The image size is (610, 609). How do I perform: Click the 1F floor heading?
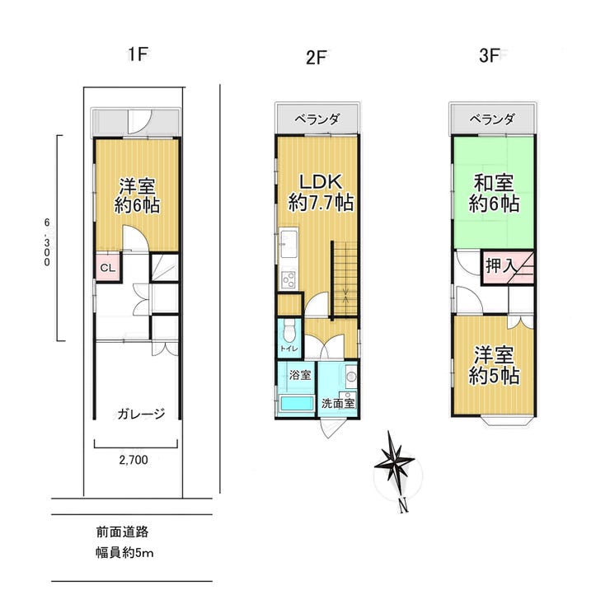(138, 54)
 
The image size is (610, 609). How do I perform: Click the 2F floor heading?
(316, 58)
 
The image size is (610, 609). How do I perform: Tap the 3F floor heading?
(489, 55)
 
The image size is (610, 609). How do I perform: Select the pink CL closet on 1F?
(108, 267)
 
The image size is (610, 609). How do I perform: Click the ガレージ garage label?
(140, 414)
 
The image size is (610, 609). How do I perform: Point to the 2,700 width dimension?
(134, 460)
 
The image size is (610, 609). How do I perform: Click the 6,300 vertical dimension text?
(47, 242)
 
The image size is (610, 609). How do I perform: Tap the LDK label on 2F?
(320, 181)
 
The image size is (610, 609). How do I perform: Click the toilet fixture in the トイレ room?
(289, 331)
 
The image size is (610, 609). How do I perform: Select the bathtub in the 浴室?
(297, 403)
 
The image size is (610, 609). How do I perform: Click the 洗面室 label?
(338, 403)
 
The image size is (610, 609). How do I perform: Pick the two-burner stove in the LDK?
(289, 279)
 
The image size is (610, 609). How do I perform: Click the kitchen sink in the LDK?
(289, 243)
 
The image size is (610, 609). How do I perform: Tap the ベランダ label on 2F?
(317, 119)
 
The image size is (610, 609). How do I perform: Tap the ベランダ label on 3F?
(492, 119)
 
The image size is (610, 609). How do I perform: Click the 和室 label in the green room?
(493, 183)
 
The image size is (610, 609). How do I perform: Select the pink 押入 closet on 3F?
(508, 268)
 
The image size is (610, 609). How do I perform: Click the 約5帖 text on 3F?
(494, 376)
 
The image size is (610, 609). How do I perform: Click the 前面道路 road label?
(122, 532)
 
